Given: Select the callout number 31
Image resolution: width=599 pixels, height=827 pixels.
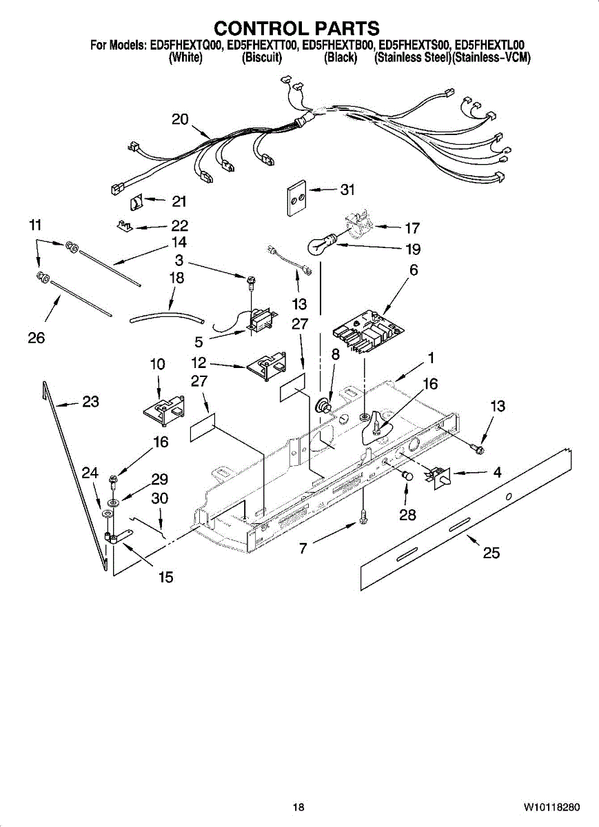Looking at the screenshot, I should point(347,190).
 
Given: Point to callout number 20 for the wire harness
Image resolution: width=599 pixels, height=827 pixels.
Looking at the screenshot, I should point(180,119).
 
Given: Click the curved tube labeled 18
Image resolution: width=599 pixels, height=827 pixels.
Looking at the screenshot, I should point(167,317).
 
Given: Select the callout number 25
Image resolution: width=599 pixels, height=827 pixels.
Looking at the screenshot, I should point(491,552).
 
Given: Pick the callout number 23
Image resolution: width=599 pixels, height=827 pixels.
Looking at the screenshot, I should point(90,401).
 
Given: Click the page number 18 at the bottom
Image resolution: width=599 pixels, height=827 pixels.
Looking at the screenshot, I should point(298,807).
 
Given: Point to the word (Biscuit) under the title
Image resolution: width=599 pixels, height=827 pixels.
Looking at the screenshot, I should point(262,59).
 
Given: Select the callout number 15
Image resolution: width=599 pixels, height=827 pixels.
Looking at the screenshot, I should point(165,578).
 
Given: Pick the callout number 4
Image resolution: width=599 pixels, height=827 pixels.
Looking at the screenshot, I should point(497,473).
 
